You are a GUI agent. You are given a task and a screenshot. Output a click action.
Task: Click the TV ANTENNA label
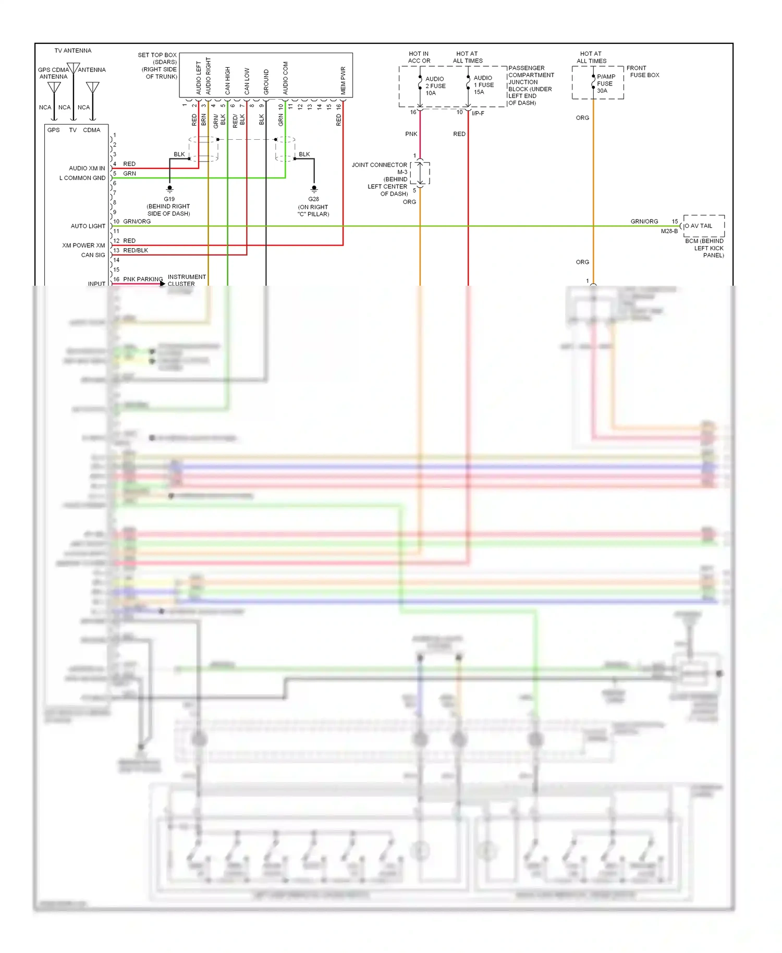(x=72, y=51)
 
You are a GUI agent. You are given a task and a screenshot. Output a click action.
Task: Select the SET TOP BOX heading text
(x=157, y=55)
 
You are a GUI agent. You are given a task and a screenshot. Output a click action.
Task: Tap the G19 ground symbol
(x=169, y=189)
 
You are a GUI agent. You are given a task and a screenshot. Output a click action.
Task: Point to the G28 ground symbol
(x=314, y=189)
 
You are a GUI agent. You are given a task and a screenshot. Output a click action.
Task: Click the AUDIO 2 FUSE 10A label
(x=435, y=86)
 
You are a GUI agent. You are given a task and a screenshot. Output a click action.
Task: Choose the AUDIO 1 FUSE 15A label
(x=483, y=85)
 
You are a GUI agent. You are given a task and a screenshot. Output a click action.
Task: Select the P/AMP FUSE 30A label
(x=605, y=83)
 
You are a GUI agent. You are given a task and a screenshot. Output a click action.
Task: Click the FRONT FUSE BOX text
(x=642, y=71)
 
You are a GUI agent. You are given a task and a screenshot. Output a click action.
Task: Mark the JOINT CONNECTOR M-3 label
(x=380, y=168)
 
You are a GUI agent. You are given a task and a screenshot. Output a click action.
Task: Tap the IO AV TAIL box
(x=703, y=226)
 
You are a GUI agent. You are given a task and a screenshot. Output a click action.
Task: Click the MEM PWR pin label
(x=343, y=81)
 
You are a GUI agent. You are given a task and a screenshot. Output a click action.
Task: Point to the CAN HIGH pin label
(x=227, y=81)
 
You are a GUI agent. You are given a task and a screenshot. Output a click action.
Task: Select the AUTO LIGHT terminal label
(x=88, y=226)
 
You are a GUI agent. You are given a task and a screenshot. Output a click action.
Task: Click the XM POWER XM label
(x=83, y=246)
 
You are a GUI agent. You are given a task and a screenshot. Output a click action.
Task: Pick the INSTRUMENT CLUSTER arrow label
(x=186, y=280)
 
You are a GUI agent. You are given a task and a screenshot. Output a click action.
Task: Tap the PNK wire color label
(x=411, y=134)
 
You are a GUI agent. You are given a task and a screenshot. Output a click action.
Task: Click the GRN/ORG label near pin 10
(x=137, y=222)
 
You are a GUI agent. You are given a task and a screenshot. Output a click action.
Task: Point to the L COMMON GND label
(x=82, y=178)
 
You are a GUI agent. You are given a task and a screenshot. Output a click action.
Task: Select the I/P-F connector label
(x=478, y=113)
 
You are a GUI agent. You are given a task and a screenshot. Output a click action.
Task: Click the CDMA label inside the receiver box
(x=91, y=130)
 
